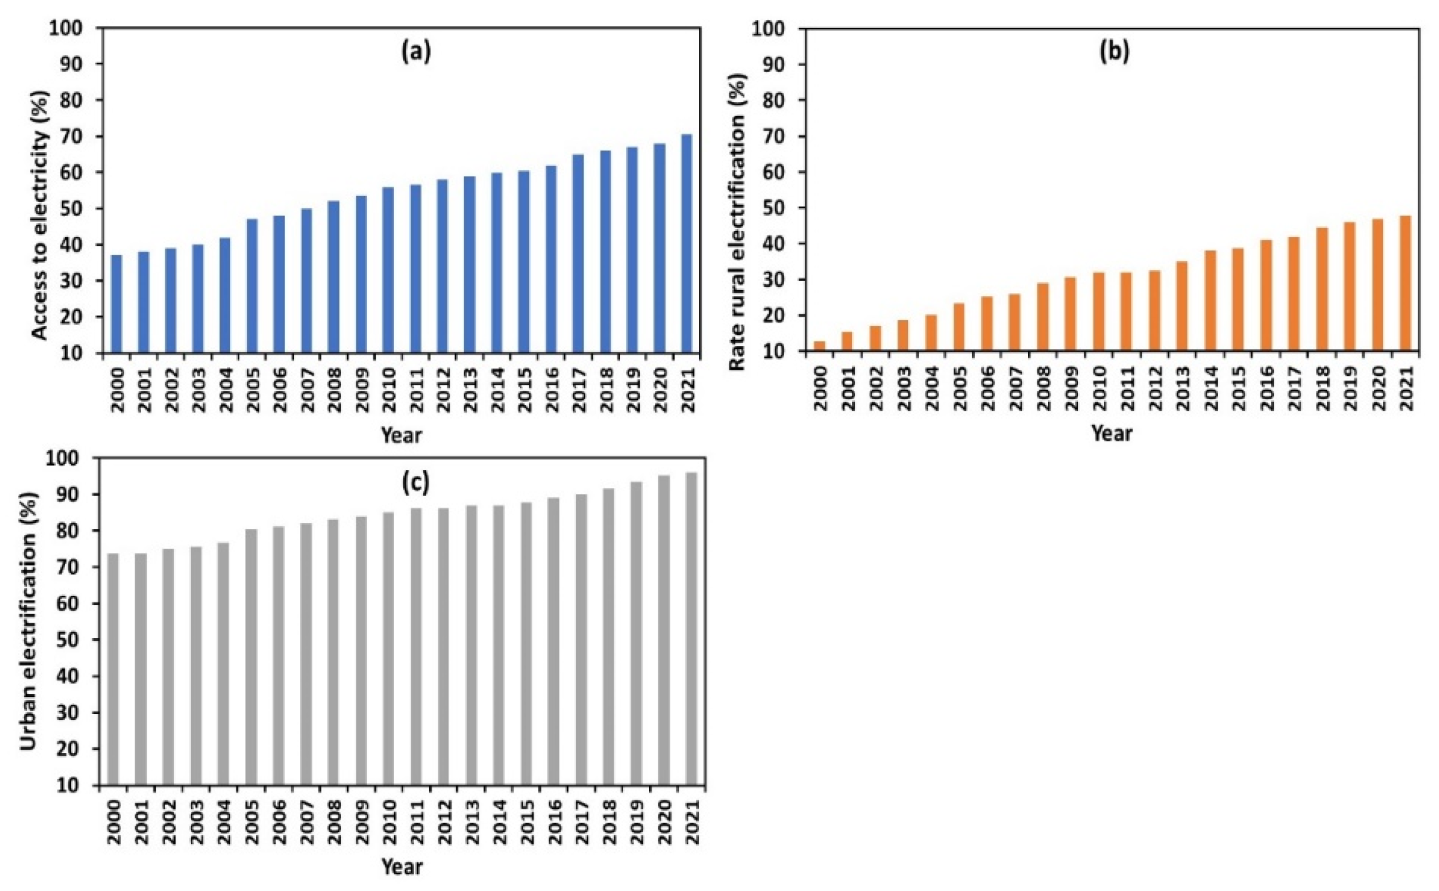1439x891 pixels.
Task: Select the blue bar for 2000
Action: (117, 304)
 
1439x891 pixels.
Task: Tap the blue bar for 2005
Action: (252, 286)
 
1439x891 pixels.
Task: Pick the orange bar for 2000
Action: (819, 346)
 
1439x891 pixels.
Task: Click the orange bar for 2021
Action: (1406, 283)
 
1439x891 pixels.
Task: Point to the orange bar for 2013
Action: (1182, 307)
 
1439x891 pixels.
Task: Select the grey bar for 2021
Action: (691, 629)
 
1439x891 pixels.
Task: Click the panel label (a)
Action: (416, 52)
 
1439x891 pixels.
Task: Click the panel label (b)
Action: (1114, 52)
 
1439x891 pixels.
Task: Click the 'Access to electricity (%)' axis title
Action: (39, 215)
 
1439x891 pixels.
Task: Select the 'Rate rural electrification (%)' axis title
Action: (738, 222)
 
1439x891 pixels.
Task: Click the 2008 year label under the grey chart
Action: (333, 822)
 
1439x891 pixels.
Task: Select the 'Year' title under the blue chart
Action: (401, 435)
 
